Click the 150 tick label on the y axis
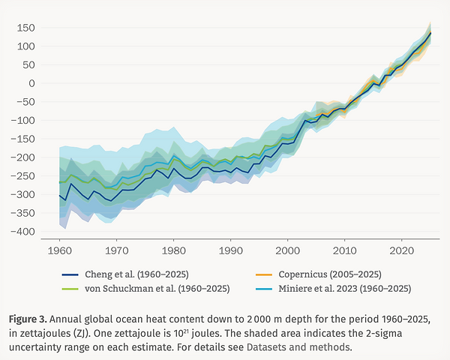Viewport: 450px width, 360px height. tap(27, 28)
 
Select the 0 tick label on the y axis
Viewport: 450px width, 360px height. tap(31, 83)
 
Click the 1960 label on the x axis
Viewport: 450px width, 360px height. tap(59, 249)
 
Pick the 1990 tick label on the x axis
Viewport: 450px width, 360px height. tap(230, 249)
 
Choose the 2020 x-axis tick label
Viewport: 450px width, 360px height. tap(402, 249)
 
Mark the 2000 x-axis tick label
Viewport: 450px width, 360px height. tap(287, 249)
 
